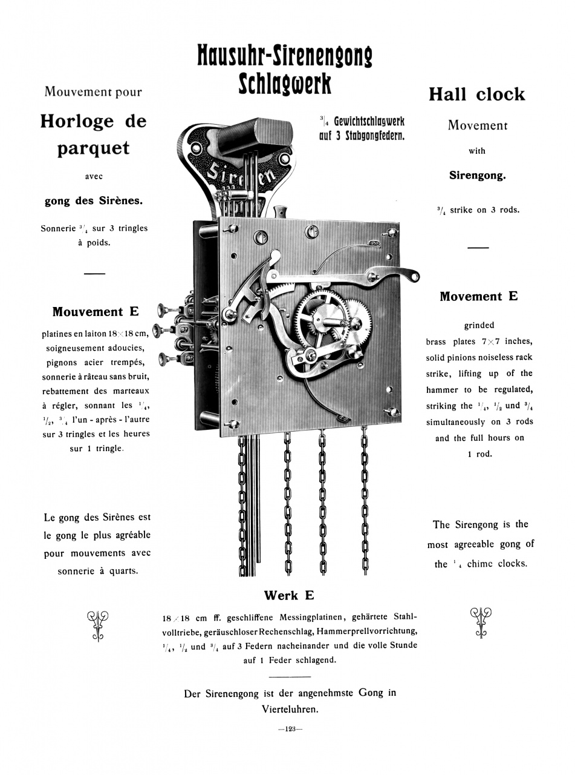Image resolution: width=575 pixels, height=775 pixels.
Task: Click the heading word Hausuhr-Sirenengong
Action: point(284,56)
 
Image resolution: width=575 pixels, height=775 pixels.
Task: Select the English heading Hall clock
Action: point(476,94)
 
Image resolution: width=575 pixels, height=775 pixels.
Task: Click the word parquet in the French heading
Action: point(93,148)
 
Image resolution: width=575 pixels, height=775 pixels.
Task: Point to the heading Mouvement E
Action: point(95,312)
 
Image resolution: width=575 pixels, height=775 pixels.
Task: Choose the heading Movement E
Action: point(478,296)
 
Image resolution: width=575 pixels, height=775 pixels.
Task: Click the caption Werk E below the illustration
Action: point(289,595)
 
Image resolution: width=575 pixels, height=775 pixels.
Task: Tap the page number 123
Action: point(290,729)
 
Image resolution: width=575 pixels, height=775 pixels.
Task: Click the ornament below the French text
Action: point(97,624)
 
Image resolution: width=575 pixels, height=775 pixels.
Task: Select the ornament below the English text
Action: point(481,621)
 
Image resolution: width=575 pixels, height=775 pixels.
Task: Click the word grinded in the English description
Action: point(479,325)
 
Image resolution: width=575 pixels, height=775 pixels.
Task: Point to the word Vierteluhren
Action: point(290,708)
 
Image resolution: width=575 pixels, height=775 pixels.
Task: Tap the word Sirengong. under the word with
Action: point(477,176)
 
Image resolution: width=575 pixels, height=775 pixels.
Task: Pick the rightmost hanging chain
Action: point(365,503)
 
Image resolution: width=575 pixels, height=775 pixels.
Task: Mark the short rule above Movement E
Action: point(478,247)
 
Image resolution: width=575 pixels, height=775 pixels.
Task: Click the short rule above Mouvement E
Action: point(94,274)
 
